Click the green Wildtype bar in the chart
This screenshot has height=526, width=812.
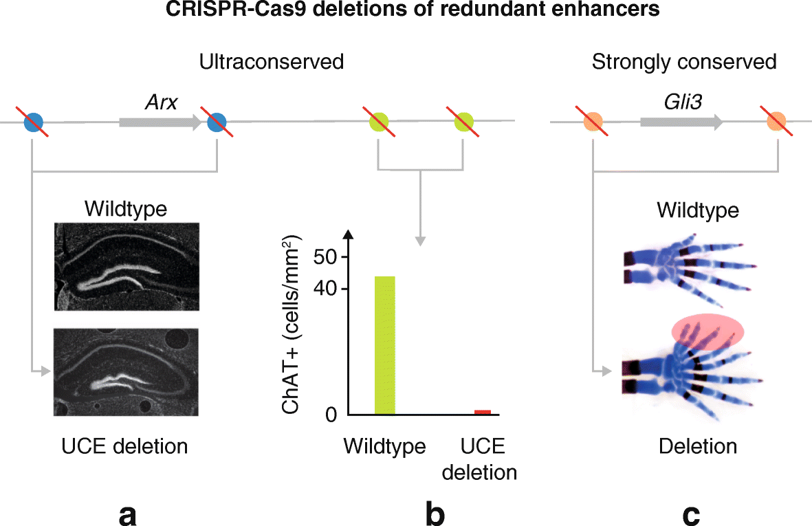click(385, 345)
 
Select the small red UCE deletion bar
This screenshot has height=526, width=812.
click(483, 412)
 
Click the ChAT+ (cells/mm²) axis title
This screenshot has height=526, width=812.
click(294, 325)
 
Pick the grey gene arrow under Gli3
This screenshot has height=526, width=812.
click(681, 123)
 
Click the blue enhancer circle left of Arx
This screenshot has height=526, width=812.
click(34, 123)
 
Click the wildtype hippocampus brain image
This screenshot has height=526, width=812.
click(127, 266)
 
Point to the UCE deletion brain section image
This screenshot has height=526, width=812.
click(127, 372)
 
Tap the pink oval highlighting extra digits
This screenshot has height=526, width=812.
click(708, 331)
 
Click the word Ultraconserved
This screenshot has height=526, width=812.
click(271, 62)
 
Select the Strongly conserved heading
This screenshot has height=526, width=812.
click(684, 62)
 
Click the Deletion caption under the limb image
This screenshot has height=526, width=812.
click(697, 446)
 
